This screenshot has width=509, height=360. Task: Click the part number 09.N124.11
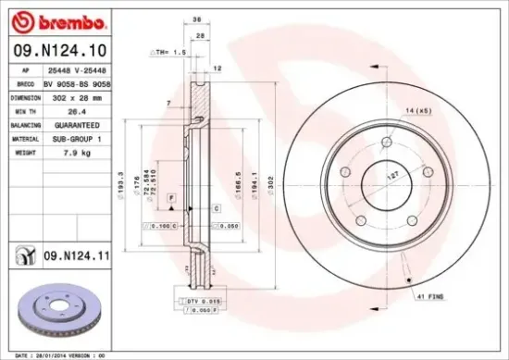click(x=68, y=252)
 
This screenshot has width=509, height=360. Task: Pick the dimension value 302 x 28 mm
click(x=76, y=95)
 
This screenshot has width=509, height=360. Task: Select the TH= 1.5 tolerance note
click(x=168, y=54)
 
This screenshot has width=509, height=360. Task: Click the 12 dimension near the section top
click(x=217, y=68)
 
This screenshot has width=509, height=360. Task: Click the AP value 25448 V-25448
click(x=77, y=69)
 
